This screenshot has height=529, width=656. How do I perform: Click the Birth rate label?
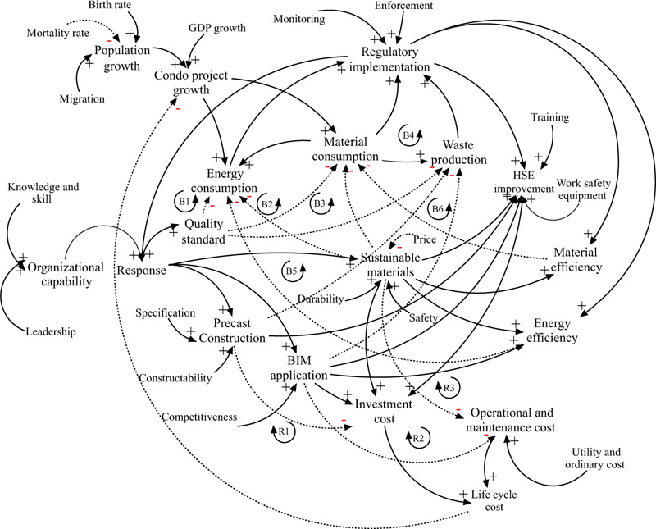tap(112, 7)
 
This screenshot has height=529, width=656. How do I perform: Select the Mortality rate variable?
tap(58, 33)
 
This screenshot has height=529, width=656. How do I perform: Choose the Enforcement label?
tap(404, 6)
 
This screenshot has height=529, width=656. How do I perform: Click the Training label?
tap(551, 117)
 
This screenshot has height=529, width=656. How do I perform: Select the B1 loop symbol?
tap(186, 200)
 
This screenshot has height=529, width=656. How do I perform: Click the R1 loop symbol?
tap(283, 430)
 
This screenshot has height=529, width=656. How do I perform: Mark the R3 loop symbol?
tap(449, 386)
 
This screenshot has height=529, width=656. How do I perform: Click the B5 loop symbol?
tap(291, 270)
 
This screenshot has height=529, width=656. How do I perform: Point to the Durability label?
tap(319, 299)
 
